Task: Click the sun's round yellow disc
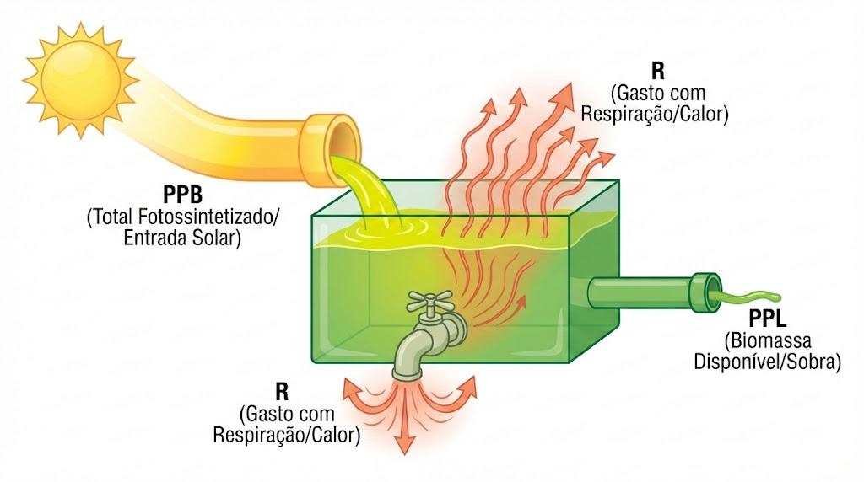81,80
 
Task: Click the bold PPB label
182,195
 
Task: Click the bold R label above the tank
657,72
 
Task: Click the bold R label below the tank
282,392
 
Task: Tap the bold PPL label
767,319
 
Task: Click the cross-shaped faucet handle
429,302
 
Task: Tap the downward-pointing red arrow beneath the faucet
406,422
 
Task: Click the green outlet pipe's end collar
706,292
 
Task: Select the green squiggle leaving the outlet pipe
747,298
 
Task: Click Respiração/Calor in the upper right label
655,115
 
